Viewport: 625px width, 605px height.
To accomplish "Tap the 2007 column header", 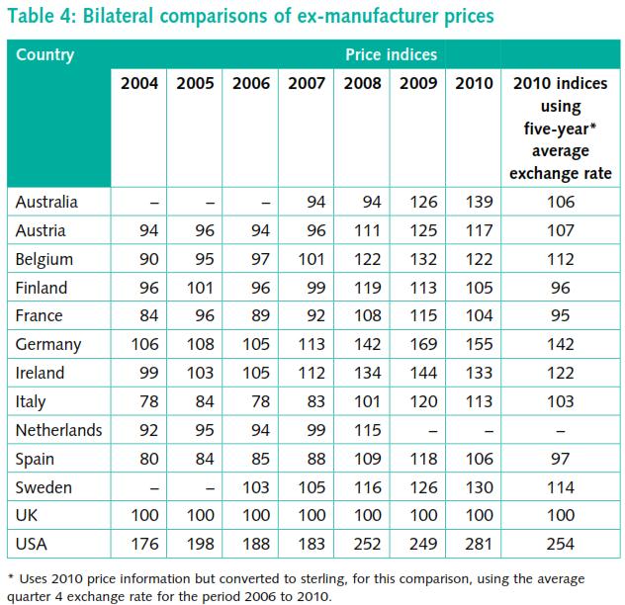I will click(307, 84).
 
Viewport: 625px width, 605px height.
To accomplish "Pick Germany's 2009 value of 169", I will click(418, 345).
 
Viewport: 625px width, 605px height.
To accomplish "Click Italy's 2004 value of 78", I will click(139, 402).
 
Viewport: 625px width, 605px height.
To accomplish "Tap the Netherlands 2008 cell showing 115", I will click(362, 431).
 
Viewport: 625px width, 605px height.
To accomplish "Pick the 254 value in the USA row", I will click(562, 544).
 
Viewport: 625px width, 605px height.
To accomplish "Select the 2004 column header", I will click(139, 84).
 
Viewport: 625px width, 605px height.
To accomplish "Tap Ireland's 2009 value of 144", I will click(418, 374).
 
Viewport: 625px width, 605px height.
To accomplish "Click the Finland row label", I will click(43, 288).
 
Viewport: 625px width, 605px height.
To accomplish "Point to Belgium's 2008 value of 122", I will click(362, 260).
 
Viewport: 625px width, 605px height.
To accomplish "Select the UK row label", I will click(28, 516).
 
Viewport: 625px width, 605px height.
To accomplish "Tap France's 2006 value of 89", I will click(251, 316).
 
